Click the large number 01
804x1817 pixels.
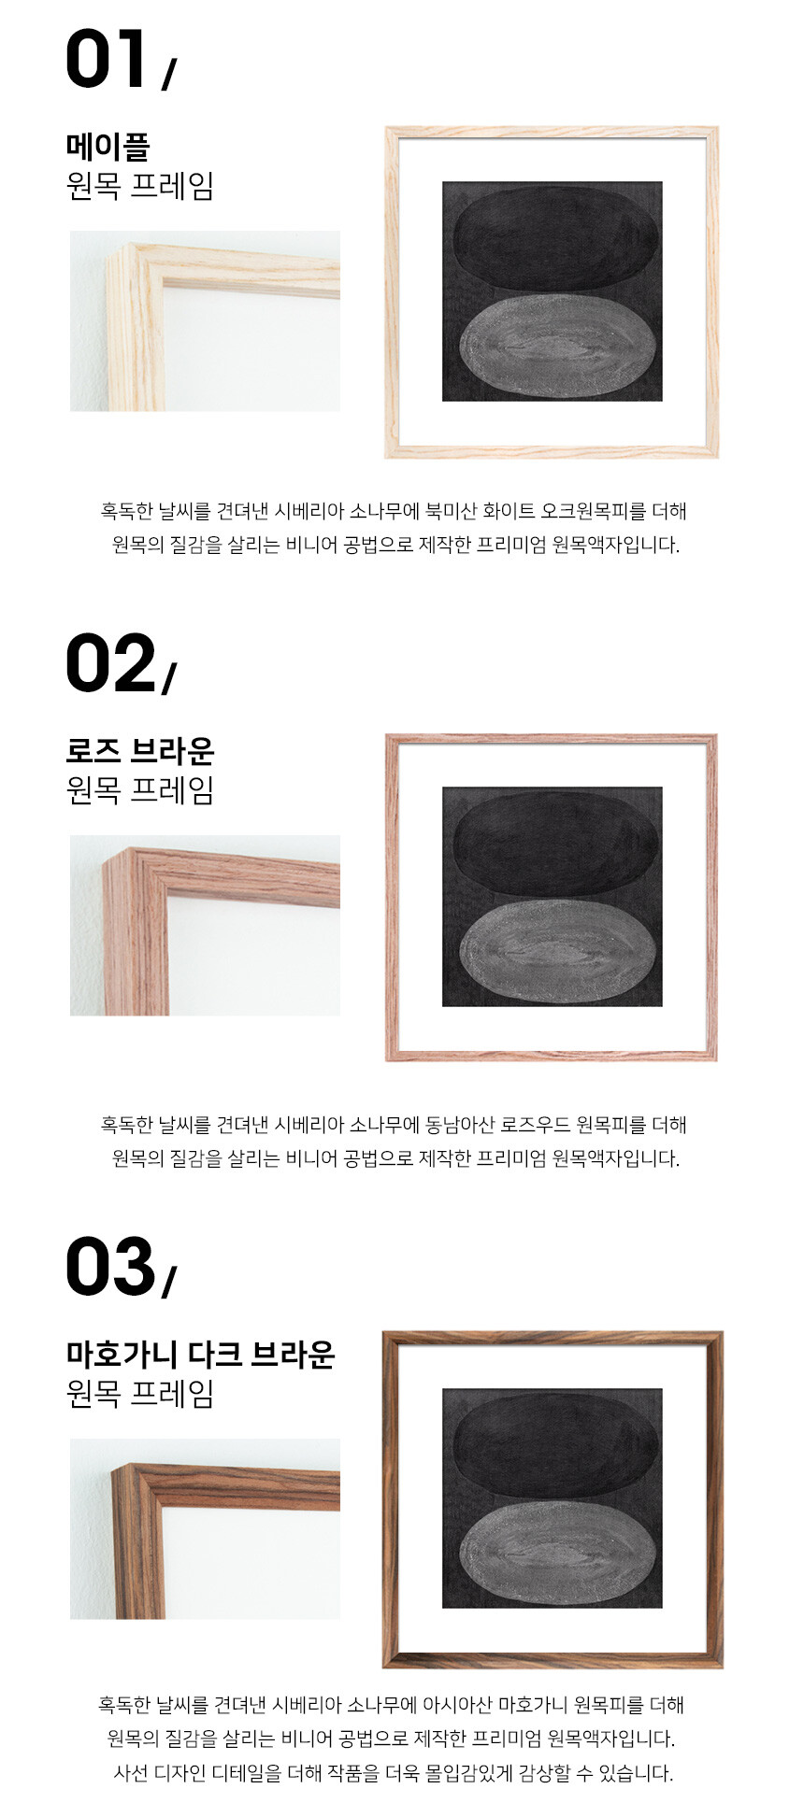(x=107, y=59)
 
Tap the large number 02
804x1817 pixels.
(x=110, y=663)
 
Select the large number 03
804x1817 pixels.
(x=110, y=1267)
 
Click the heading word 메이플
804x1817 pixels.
(x=108, y=146)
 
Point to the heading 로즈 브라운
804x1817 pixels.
(x=140, y=750)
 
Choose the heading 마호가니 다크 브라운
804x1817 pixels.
(x=200, y=1354)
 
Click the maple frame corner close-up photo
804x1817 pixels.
(x=205, y=321)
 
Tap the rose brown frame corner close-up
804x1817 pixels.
(x=205, y=926)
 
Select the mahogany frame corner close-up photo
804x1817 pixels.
(x=205, y=1529)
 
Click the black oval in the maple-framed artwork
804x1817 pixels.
(x=555, y=237)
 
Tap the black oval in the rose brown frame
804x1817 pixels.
(x=555, y=843)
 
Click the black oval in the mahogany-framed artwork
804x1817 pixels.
(x=555, y=1444)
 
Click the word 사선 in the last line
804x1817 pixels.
(x=130, y=1773)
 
